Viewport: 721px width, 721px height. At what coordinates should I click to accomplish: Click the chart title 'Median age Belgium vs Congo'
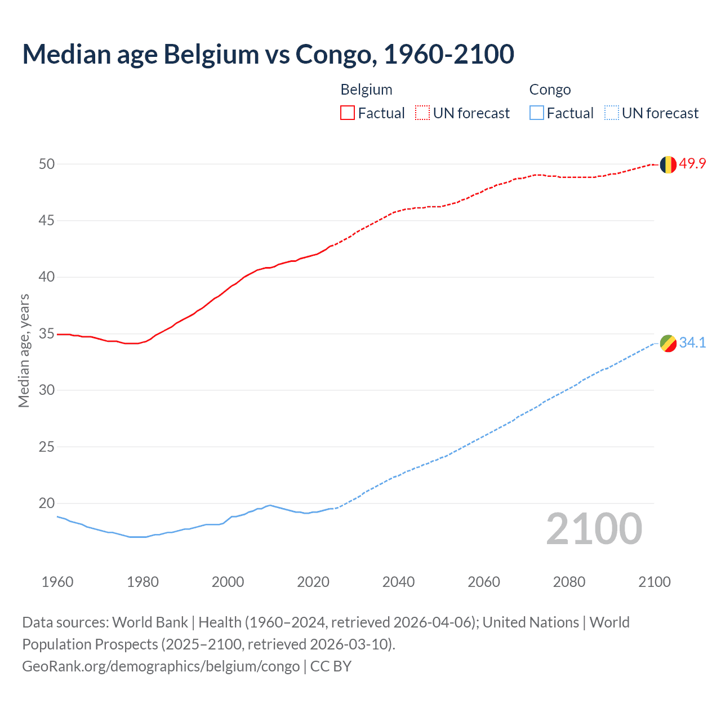(x=268, y=54)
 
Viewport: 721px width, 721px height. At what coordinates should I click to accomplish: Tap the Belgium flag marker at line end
(x=668, y=164)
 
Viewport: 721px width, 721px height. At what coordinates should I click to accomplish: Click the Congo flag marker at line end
(x=668, y=343)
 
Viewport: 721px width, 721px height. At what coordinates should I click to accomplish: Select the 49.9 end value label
(x=692, y=164)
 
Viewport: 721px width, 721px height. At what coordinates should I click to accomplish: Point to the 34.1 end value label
(x=692, y=342)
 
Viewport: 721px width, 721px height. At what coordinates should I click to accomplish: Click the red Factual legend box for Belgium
(x=348, y=113)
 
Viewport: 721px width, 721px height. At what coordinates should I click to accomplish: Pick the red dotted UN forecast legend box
(x=422, y=113)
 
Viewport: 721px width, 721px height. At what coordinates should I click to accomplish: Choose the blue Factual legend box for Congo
(x=537, y=113)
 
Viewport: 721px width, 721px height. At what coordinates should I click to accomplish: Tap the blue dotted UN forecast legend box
(x=612, y=113)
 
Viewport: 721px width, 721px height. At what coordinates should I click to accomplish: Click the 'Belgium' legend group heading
(x=366, y=90)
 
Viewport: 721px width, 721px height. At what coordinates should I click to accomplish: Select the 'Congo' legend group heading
(x=550, y=90)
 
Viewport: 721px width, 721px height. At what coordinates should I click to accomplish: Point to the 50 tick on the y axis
(x=47, y=164)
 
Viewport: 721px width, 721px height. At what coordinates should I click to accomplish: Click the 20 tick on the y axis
(x=47, y=503)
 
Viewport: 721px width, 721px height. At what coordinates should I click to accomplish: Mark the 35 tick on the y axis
(x=47, y=333)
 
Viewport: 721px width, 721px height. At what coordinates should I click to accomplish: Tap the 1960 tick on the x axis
(x=57, y=582)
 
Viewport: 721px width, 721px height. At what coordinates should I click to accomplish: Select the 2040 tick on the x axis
(x=398, y=582)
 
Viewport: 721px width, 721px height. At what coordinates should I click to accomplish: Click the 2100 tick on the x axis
(x=654, y=582)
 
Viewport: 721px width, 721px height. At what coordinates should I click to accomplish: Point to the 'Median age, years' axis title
(x=24, y=350)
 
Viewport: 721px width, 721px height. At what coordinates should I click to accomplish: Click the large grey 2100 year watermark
(x=594, y=529)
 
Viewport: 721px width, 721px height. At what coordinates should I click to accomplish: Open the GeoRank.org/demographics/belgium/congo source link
(x=161, y=666)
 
